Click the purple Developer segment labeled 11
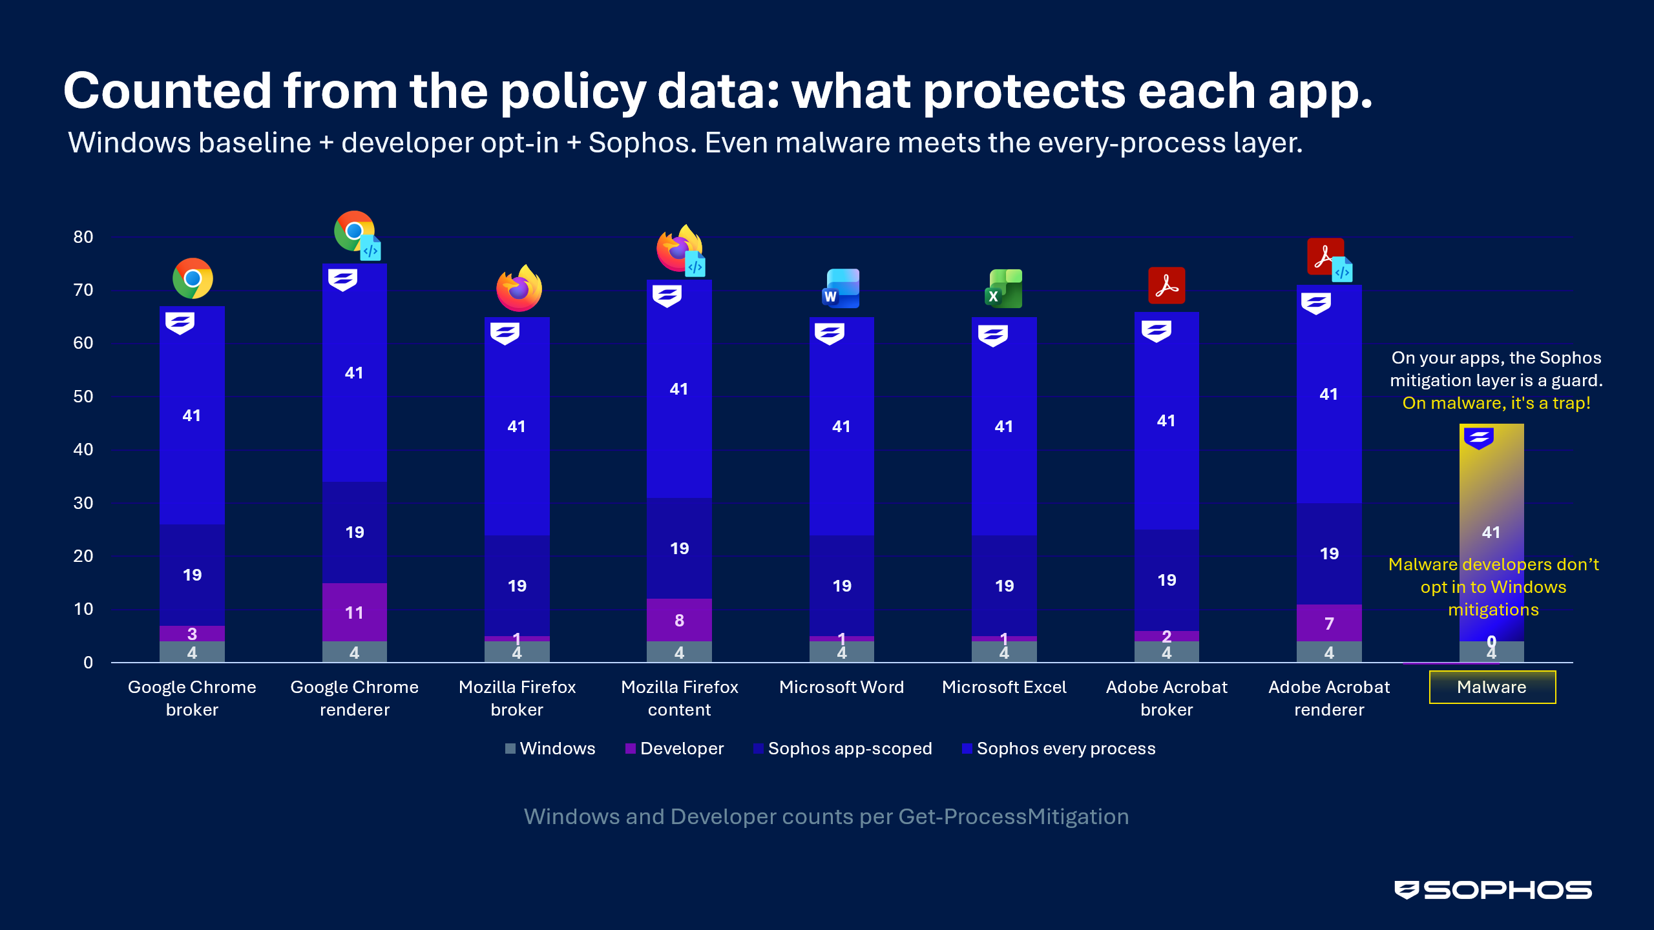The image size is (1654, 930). (x=354, y=612)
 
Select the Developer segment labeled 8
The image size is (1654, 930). (x=679, y=620)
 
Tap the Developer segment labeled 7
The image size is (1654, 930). (x=1329, y=623)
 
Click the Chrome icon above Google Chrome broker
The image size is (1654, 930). (x=193, y=278)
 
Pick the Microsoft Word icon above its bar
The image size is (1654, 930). (x=841, y=288)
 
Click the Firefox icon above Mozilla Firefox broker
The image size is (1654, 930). (x=519, y=288)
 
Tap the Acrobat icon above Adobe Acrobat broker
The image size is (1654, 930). (x=1166, y=285)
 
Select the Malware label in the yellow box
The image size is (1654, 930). (x=1492, y=687)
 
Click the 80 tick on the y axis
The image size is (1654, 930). (x=83, y=237)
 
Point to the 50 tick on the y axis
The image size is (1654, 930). (x=83, y=397)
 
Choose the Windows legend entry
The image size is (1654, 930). (x=550, y=749)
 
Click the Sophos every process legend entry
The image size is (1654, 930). (x=1059, y=749)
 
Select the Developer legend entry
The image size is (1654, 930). (x=675, y=749)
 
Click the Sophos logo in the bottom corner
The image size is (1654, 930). (x=1493, y=890)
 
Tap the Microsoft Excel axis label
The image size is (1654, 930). (x=1004, y=687)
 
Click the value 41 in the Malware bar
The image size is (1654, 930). (x=1491, y=532)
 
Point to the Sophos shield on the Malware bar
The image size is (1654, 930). (x=1479, y=438)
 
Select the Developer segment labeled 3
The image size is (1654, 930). (x=192, y=634)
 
